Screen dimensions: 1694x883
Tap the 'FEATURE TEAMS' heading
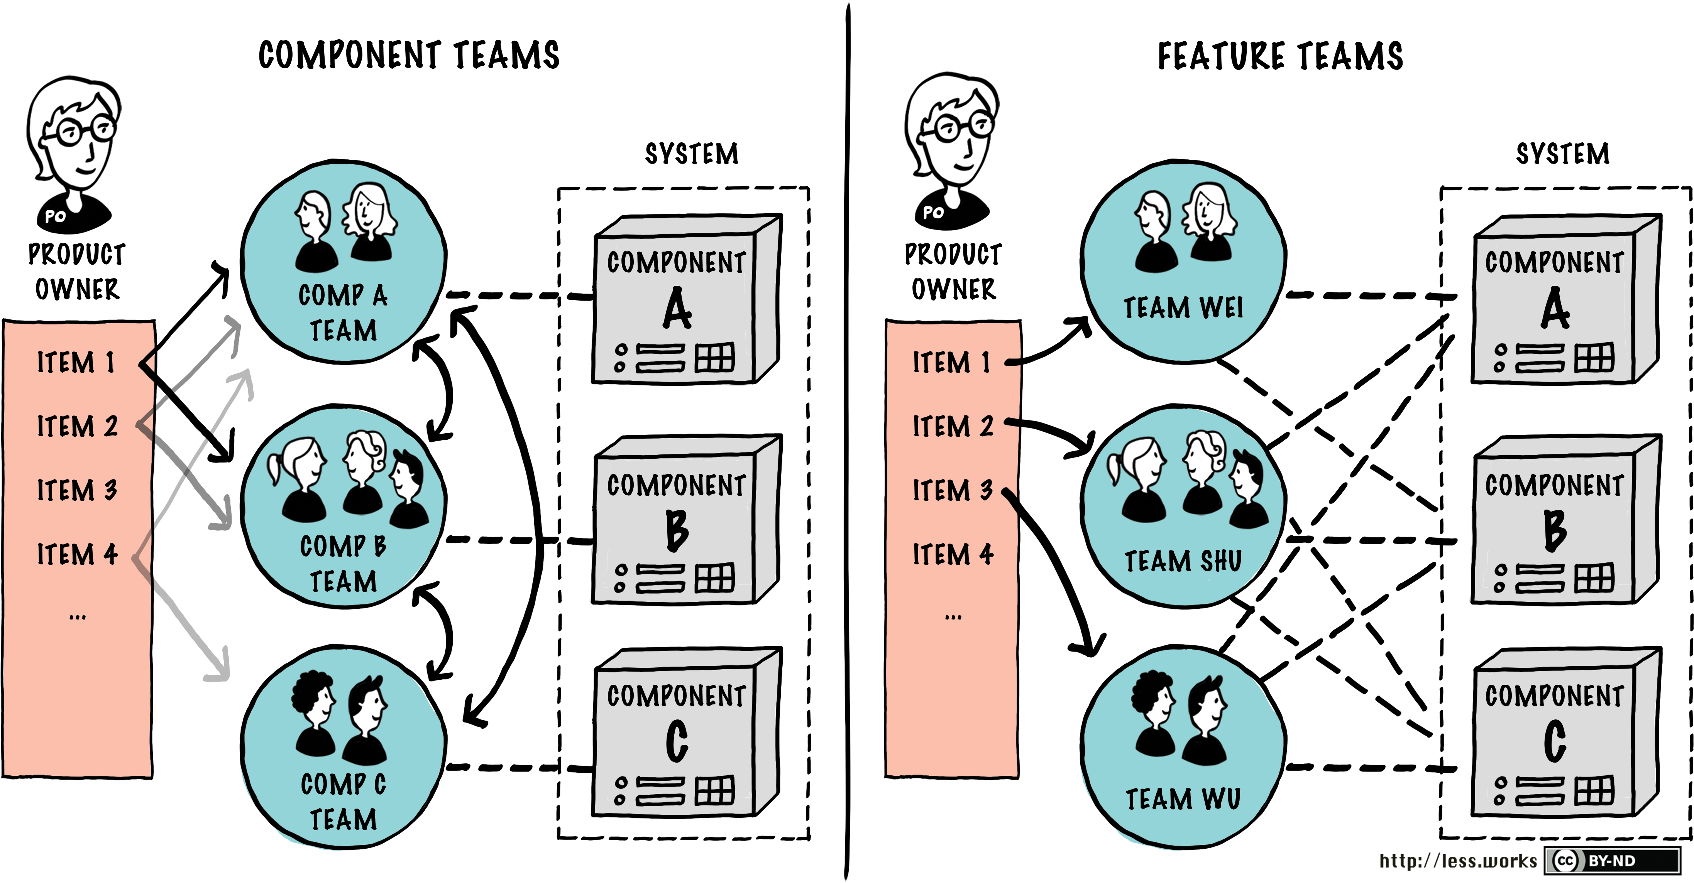coord(1280,55)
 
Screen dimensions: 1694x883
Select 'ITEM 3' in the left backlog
coord(77,490)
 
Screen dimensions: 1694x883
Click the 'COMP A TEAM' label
coord(343,313)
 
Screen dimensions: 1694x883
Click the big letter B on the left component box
coord(677,530)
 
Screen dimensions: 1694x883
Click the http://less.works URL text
coord(1458,861)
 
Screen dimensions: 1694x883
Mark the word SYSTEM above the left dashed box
coord(691,154)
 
